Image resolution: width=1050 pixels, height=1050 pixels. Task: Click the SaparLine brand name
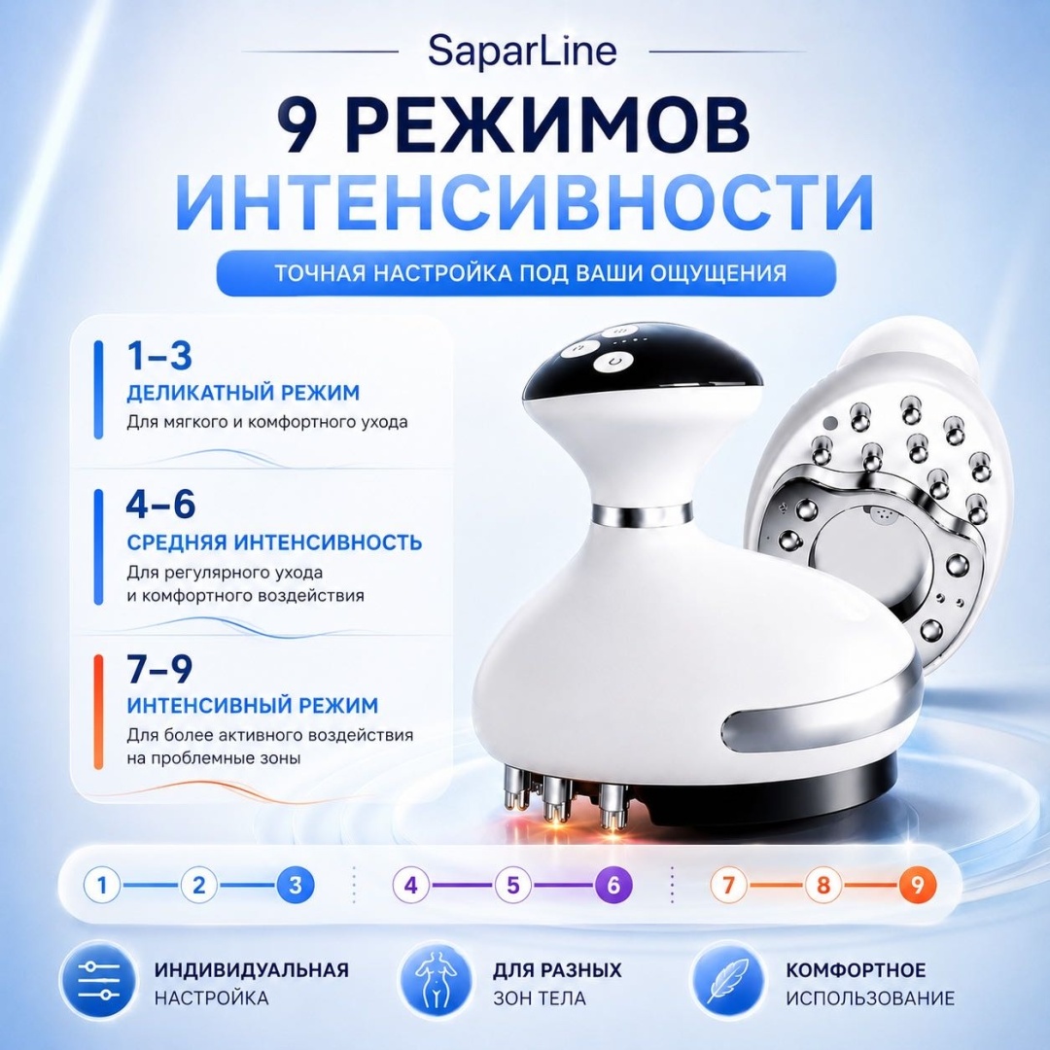click(522, 52)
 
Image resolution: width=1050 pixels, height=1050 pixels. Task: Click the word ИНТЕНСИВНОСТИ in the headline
click(524, 201)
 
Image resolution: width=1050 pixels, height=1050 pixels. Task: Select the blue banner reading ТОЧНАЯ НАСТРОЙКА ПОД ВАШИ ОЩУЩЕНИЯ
click(526, 273)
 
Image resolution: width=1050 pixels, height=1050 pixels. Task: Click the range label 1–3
click(159, 356)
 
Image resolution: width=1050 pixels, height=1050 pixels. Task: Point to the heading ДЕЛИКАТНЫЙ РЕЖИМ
click(243, 393)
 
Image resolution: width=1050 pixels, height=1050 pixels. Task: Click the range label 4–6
click(160, 505)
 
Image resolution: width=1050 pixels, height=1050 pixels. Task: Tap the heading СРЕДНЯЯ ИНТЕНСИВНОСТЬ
click(274, 542)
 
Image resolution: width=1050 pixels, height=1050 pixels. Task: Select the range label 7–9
click(159, 668)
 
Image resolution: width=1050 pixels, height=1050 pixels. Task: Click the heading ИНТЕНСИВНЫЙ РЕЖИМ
click(253, 705)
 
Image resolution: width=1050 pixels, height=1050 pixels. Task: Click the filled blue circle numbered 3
click(295, 886)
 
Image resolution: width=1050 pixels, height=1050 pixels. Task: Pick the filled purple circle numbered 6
click(613, 886)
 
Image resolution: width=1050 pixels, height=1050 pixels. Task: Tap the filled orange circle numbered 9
click(918, 886)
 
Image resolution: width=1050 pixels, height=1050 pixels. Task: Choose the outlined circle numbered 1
click(102, 886)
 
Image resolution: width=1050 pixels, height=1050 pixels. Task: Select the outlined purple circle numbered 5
click(513, 886)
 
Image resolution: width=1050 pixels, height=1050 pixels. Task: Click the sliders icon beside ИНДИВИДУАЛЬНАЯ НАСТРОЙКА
click(98, 983)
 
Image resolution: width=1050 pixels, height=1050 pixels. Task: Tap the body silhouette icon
click(436, 983)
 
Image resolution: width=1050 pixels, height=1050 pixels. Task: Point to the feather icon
click(728, 983)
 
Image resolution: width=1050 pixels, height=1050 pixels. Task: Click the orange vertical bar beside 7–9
click(98, 712)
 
